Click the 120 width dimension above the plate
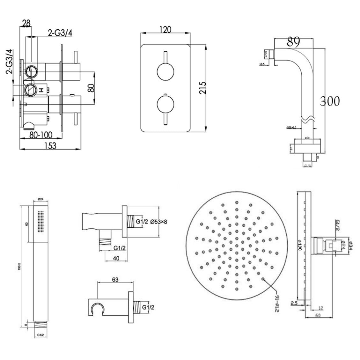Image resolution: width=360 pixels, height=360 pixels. point(165,30)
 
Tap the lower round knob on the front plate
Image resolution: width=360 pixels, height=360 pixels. point(165,106)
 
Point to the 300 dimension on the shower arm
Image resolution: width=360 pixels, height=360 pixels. point(330,101)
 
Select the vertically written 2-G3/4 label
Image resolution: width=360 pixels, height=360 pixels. point(10,62)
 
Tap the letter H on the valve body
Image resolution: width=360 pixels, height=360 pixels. point(40,90)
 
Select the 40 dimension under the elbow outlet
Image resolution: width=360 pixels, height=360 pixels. point(116,258)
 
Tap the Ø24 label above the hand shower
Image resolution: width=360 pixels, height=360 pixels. point(40,199)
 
